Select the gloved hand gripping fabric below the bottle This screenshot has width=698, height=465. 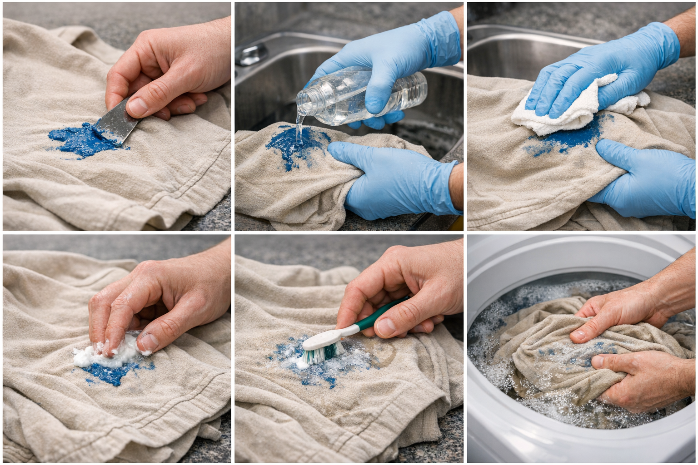click(391, 177)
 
